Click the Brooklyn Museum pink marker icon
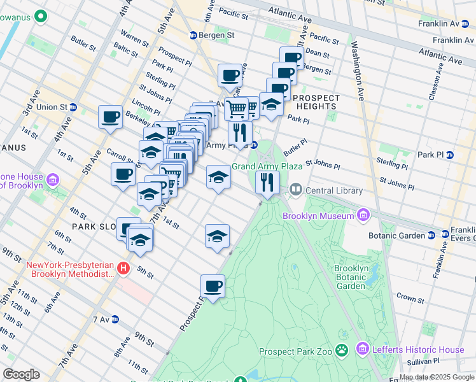tap(364, 216)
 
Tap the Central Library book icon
tap(295, 190)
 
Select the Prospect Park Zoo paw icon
tap(342, 350)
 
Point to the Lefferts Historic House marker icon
tap(363, 350)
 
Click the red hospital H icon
tap(124, 269)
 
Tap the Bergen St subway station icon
tap(194, 35)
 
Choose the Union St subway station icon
tap(74, 107)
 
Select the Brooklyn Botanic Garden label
tap(351, 277)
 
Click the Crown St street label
tap(410, 298)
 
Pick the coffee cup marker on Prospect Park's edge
tap(213, 286)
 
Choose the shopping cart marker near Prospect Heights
tap(237, 108)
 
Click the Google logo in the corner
tap(21, 374)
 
